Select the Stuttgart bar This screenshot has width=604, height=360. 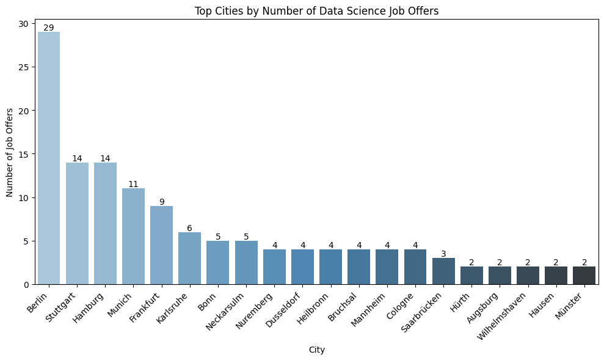[x=77, y=223]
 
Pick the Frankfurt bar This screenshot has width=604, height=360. [x=161, y=244]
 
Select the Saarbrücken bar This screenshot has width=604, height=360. [x=443, y=271]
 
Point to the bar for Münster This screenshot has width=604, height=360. [x=584, y=275]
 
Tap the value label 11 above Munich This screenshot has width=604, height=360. [x=133, y=184]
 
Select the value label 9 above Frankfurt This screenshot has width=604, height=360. [x=161, y=202]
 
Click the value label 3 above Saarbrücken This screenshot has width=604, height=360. [x=443, y=254]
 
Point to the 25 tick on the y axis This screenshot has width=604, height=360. [x=24, y=67]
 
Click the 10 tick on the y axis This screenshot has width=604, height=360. [x=24, y=197]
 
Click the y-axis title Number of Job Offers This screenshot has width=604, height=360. [x=10, y=153]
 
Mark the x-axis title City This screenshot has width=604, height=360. [x=316, y=350]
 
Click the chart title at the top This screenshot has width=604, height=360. [x=316, y=10]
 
